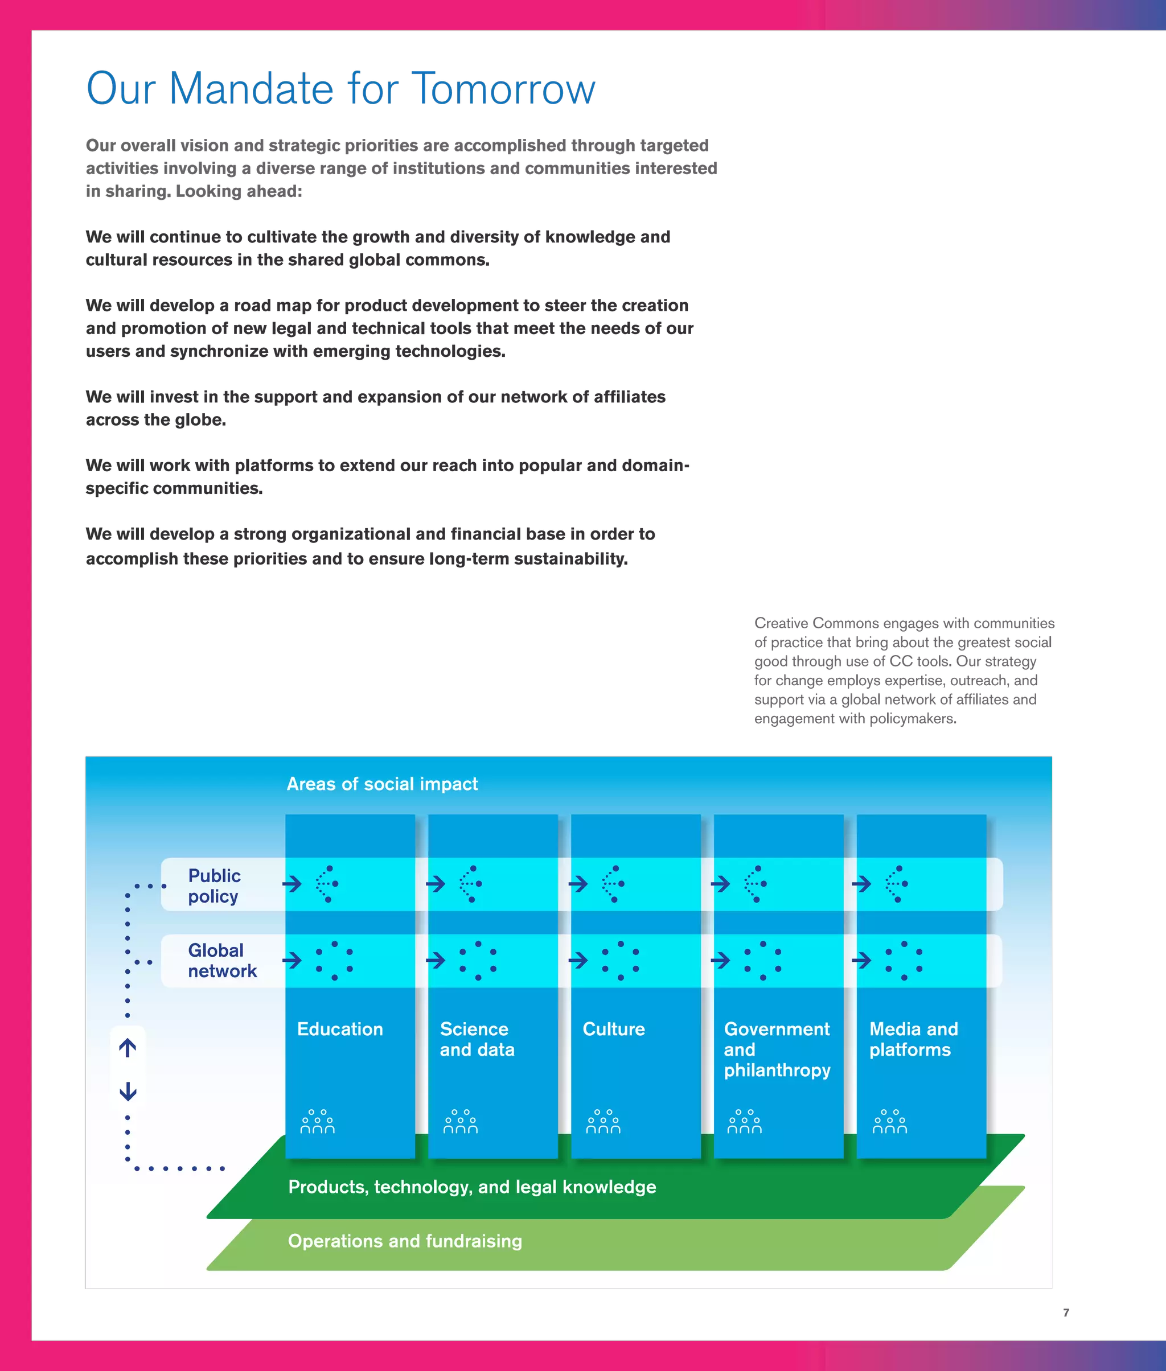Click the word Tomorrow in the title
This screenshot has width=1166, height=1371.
503,89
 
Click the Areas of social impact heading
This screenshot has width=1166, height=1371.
382,784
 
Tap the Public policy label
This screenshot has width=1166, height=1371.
214,886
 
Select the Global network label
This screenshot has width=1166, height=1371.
221,960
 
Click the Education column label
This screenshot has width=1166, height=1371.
340,1029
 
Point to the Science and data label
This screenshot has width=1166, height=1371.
477,1039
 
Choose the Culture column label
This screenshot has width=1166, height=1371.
613,1029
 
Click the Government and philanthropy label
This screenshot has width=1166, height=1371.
777,1049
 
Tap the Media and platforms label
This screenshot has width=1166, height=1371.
913,1039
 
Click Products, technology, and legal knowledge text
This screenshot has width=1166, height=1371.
472,1187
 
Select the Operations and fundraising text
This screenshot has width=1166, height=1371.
405,1241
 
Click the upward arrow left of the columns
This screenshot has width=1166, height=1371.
128,1047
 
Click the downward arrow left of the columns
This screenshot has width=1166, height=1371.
128,1092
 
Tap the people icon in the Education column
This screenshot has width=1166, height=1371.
317,1122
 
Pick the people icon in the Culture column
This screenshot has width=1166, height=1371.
603,1122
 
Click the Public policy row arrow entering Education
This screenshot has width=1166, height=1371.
292,883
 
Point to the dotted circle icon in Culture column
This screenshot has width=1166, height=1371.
620,960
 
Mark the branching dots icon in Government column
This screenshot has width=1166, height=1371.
756,883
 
